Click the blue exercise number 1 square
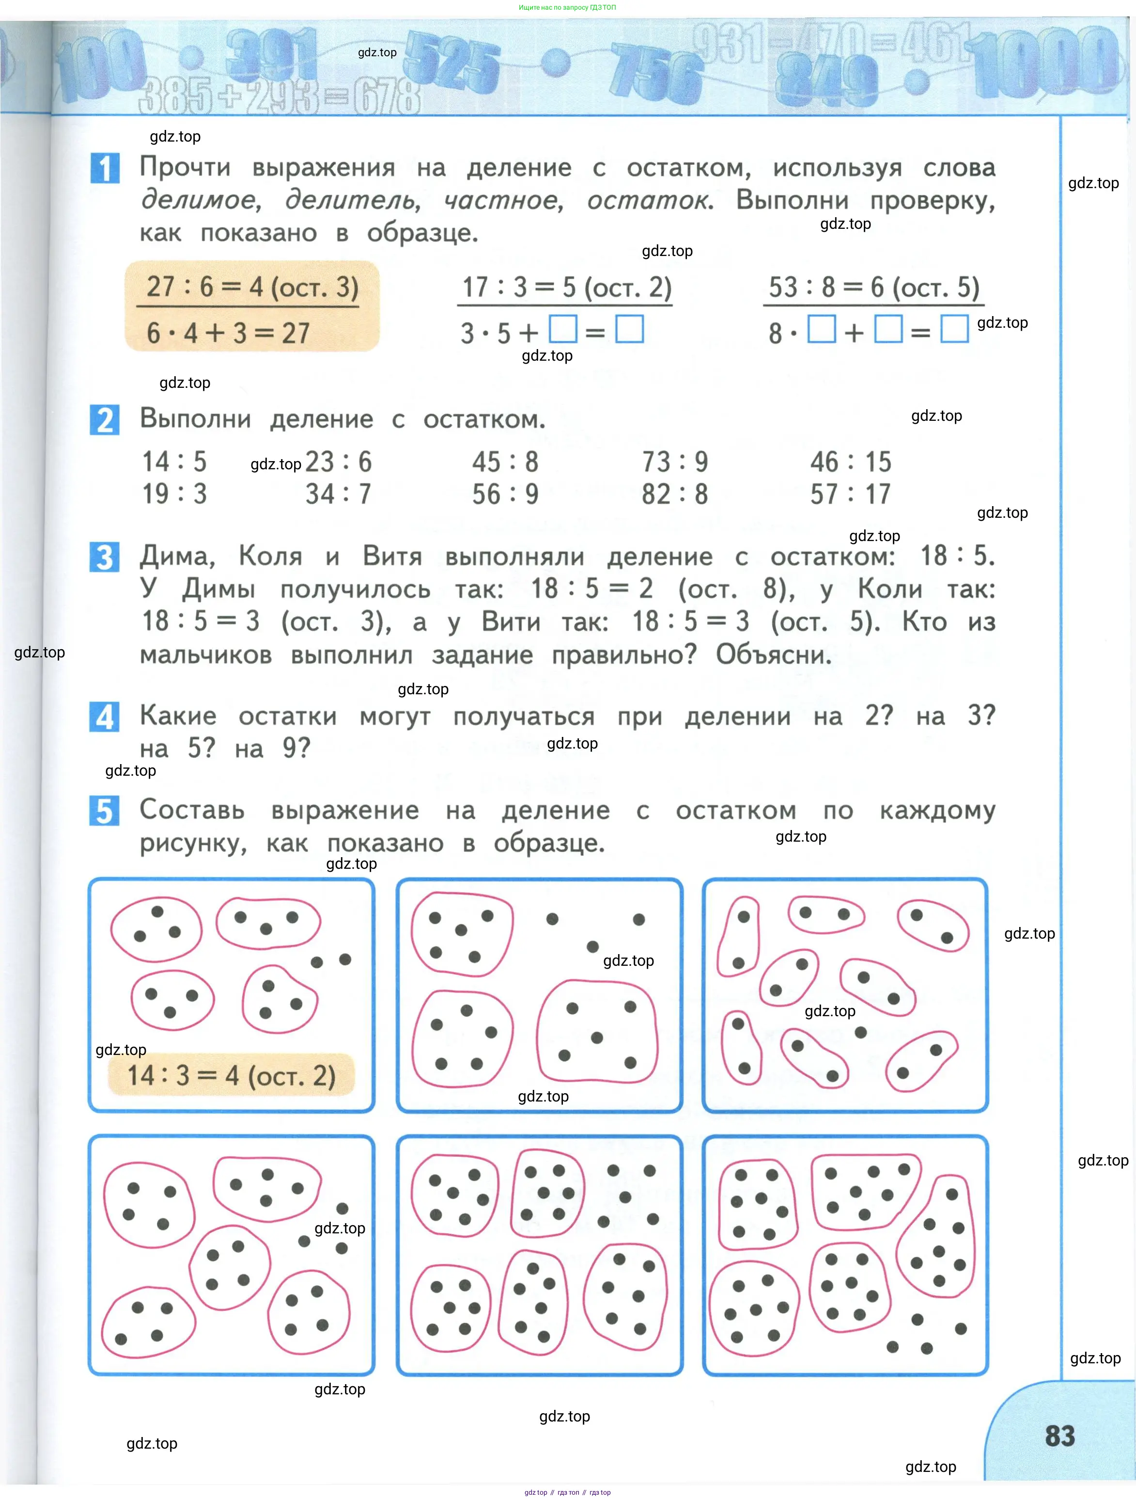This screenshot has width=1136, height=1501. [105, 168]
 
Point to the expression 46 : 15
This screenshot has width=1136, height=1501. [851, 462]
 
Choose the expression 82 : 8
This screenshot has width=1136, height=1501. [675, 494]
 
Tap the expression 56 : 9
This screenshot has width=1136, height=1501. [505, 494]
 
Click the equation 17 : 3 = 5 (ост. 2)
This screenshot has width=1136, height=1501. [566, 287]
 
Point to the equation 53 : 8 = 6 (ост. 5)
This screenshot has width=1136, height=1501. [873, 287]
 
